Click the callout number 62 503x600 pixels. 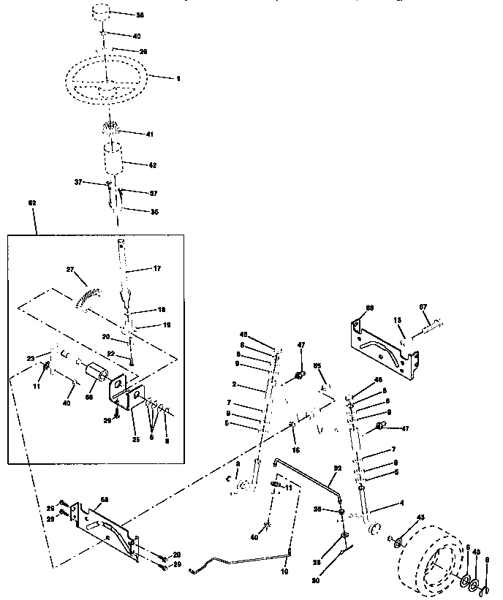coord(31,202)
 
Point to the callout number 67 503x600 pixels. coord(442,307)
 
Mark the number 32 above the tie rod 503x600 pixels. coord(338,468)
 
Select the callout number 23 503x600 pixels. coord(31,358)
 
